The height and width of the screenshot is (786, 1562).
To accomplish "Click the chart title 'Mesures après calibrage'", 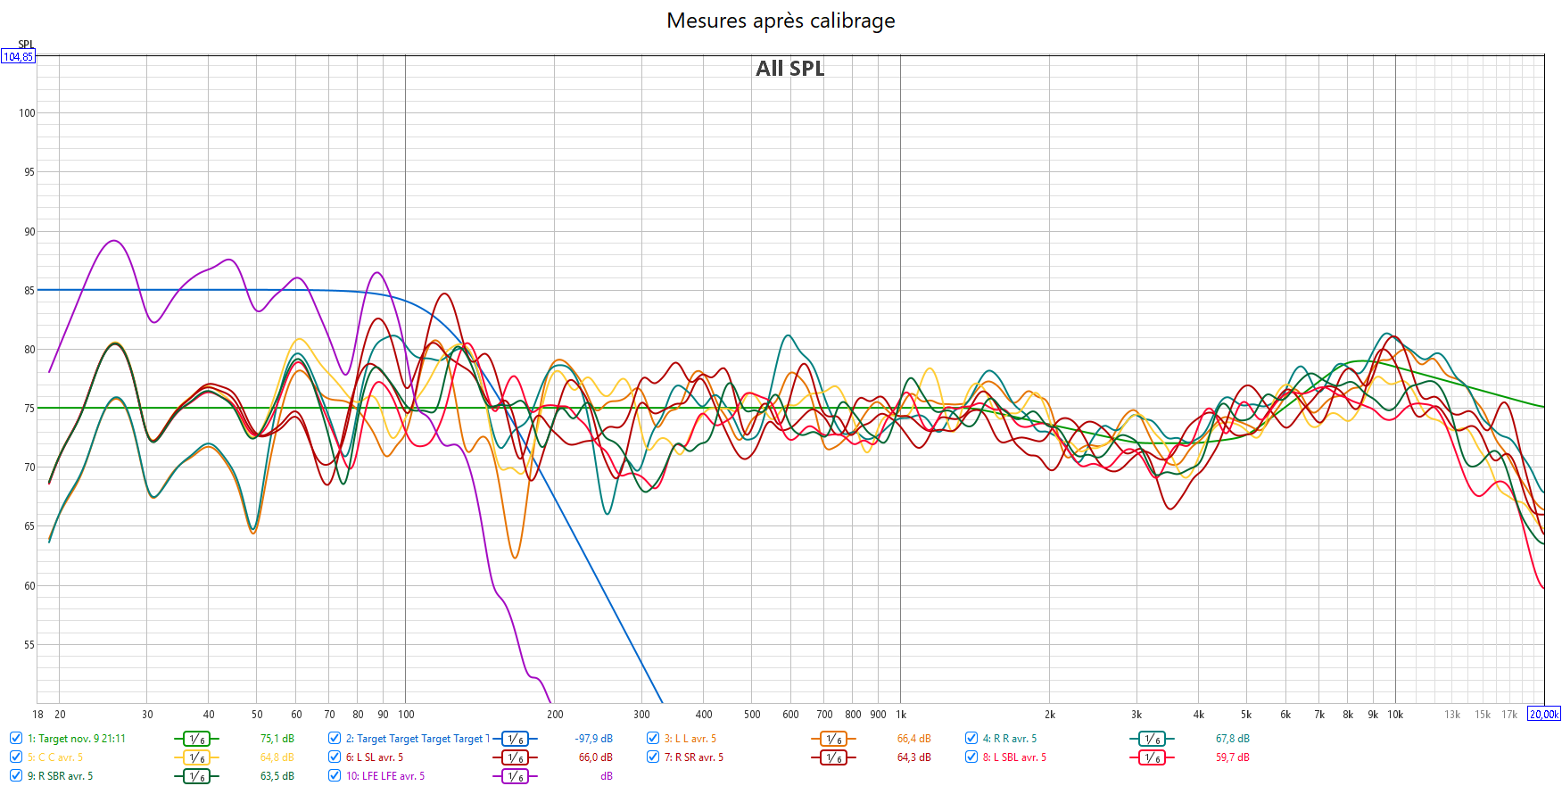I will (x=781, y=21).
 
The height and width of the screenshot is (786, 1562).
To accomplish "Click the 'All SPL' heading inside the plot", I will (x=789, y=69).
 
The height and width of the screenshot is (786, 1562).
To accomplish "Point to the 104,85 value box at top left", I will (x=18, y=57).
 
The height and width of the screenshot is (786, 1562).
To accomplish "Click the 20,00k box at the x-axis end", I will (x=1544, y=715).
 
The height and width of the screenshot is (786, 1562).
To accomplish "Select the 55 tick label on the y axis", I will (x=29, y=645).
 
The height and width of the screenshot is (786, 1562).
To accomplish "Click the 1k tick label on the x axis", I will (x=901, y=715).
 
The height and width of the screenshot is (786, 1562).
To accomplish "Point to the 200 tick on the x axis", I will (x=555, y=715).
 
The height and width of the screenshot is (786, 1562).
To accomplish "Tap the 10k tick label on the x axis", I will (x=1395, y=715).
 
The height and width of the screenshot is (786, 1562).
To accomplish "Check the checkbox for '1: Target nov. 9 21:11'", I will (x=16, y=739).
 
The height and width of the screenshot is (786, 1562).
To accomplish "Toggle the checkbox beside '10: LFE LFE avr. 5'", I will (x=335, y=776).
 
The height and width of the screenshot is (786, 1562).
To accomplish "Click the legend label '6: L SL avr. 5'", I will (x=375, y=757).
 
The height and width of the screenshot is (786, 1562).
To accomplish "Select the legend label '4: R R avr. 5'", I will (x=1009, y=739).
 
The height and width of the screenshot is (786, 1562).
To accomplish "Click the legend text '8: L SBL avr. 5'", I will (x=1014, y=757).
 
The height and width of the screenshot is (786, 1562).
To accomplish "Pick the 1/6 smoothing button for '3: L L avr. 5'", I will (x=833, y=739).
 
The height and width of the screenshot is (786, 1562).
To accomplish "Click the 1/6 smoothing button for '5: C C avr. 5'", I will (x=196, y=757).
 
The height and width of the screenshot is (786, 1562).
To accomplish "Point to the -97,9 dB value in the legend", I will (x=593, y=739).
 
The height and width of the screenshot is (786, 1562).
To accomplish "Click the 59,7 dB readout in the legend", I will (x=1232, y=757).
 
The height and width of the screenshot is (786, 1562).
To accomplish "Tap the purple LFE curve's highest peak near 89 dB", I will (x=113, y=241).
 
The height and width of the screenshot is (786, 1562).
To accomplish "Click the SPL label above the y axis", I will (x=26, y=45).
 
